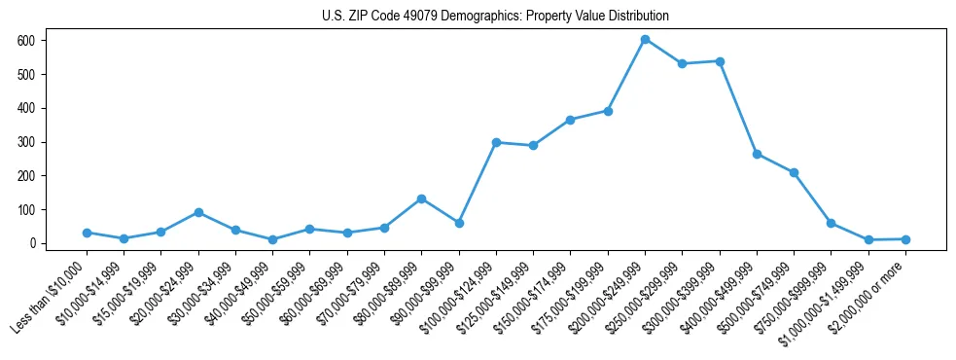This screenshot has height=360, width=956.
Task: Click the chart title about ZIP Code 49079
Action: click(495, 17)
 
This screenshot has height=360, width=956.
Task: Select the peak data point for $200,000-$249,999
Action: click(645, 39)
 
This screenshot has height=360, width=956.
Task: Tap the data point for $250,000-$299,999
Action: click(683, 63)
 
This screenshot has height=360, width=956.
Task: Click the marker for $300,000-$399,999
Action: click(720, 61)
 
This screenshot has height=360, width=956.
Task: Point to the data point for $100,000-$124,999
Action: click(496, 142)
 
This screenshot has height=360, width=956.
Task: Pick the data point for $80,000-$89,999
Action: click(421, 198)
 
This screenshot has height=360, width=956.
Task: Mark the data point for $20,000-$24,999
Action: click(198, 212)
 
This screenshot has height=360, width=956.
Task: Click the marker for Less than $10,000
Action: click(87, 233)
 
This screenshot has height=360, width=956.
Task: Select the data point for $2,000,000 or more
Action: click(905, 239)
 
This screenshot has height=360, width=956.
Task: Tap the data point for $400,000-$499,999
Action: click(757, 154)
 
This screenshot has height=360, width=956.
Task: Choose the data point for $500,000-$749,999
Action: click(795, 172)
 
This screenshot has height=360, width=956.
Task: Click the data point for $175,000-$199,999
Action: click(608, 111)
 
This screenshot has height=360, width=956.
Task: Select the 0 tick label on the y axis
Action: click(32, 243)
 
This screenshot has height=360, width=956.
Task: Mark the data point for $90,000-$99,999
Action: click(459, 223)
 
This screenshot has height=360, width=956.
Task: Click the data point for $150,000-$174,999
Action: click(571, 120)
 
